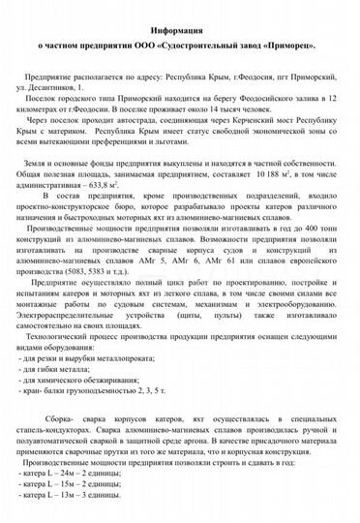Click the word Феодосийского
[267, 99]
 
